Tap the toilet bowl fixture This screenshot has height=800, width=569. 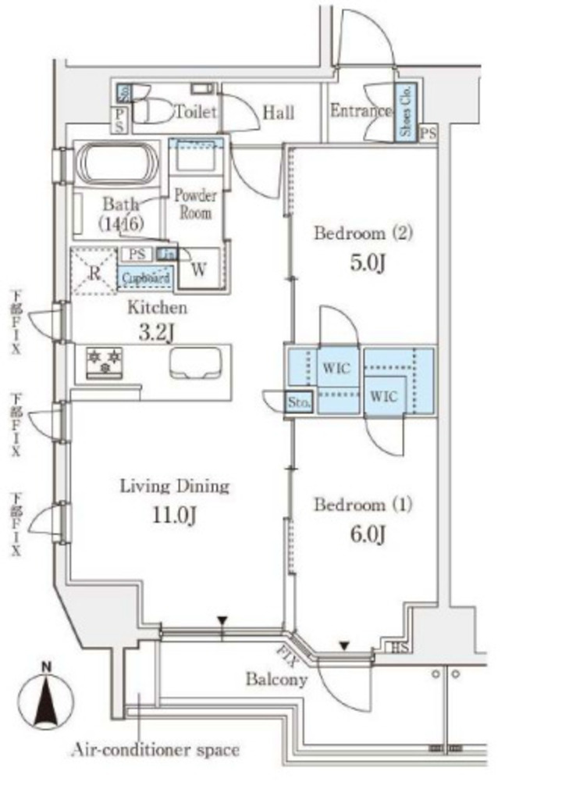pyautogui.click(x=155, y=111)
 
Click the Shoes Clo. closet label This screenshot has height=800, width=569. pyautogui.click(x=406, y=112)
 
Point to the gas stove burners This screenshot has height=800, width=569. pyautogui.click(x=105, y=360)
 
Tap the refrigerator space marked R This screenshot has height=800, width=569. pyautogui.click(x=92, y=270)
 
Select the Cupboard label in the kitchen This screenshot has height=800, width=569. pyautogui.click(x=145, y=277)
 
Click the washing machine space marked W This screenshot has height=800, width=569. pyautogui.click(x=199, y=270)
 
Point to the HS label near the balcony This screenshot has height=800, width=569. pyautogui.click(x=398, y=648)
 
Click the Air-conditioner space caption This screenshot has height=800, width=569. pyautogui.click(x=155, y=751)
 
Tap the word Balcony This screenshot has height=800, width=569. pyautogui.click(x=276, y=680)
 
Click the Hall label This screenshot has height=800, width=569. pyautogui.click(x=278, y=112)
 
